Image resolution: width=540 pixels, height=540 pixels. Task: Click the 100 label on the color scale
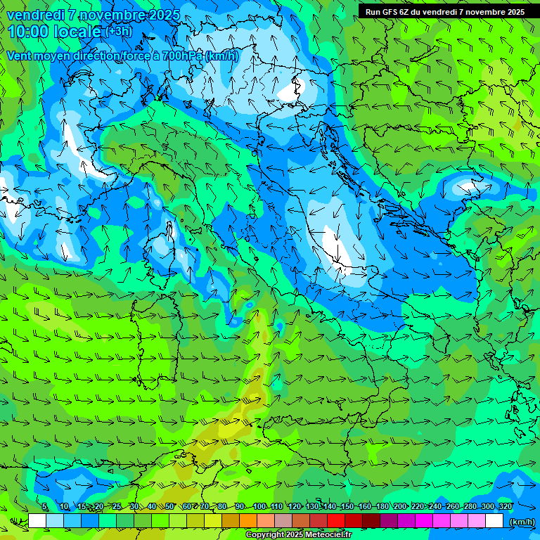tap(259, 506)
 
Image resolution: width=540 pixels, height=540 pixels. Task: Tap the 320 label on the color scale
tap(505, 506)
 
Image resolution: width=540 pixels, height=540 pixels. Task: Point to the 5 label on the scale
tap(44, 506)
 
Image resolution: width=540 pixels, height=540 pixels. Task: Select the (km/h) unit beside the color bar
tap(520, 521)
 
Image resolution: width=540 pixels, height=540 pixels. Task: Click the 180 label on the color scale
tap(382, 506)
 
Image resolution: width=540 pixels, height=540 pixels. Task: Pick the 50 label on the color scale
tap(169, 506)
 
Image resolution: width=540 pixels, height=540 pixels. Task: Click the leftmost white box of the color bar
tap(37, 521)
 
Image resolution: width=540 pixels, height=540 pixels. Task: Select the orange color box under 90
tap(248, 521)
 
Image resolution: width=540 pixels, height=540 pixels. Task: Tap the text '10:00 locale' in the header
tap(54, 31)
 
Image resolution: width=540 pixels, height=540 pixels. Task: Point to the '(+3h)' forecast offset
tap(118, 31)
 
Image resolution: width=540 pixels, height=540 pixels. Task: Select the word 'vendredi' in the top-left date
tap(32, 15)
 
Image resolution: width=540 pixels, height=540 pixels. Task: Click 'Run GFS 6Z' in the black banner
tap(389, 12)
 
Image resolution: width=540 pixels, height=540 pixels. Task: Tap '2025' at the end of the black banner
tap(516, 12)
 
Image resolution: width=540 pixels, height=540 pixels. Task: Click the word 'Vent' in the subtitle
tap(20, 56)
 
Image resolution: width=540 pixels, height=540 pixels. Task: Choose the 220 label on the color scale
tap(418, 506)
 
